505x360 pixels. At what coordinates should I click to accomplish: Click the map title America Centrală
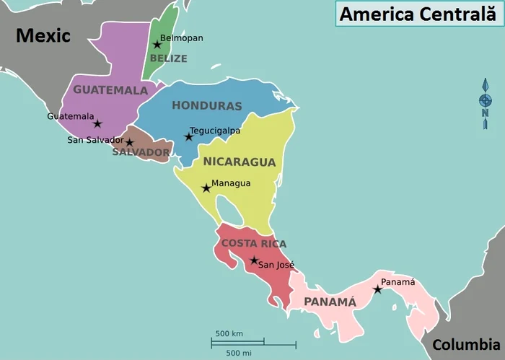pyautogui.click(x=418, y=14)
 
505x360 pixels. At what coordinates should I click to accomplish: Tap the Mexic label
pyautogui.click(x=43, y=35)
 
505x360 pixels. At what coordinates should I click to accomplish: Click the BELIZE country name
pyautogui.click(x=168, y=58)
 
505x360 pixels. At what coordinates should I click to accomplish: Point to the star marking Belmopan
pyautogui.click(x=157, y=45)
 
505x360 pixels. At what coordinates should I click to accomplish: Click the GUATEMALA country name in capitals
pyautogui.click(x=110, y=90)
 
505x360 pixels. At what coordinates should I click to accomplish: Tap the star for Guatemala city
pyautogui.click(x=97, y=123)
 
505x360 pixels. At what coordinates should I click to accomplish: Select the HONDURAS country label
pyautogui.click(x=206, y=105)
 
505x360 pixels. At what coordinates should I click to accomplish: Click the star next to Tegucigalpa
pyautogui.click(x=189, y=137)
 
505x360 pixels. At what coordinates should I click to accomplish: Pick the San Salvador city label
pyautogui.click(x=95, y=140)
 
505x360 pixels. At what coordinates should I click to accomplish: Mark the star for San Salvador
pyautogui.click(x=130, y=142)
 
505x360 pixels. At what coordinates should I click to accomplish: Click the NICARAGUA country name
pyautogui.click(x=240, y=162)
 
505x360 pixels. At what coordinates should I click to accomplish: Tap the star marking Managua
pyautogui.click(x=206, y=188)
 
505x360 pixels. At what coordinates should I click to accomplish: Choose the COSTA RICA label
pyautogui.click(x=254, y=243)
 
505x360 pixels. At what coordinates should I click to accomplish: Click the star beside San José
pyautogui.click(x=254, y=260)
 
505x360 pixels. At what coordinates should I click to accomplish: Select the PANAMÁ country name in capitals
pyautogui.click(x=330, y=302)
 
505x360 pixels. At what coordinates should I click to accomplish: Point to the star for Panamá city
pyautogui.click(x=377, y=289)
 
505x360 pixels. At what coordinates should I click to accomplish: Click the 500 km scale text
pyautogui.click(x=229, y=333)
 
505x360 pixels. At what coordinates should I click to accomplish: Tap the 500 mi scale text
pyautogui.click(x=238, y=352)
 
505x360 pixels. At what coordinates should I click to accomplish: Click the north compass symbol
pyautogui.click(x=486, y=105)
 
